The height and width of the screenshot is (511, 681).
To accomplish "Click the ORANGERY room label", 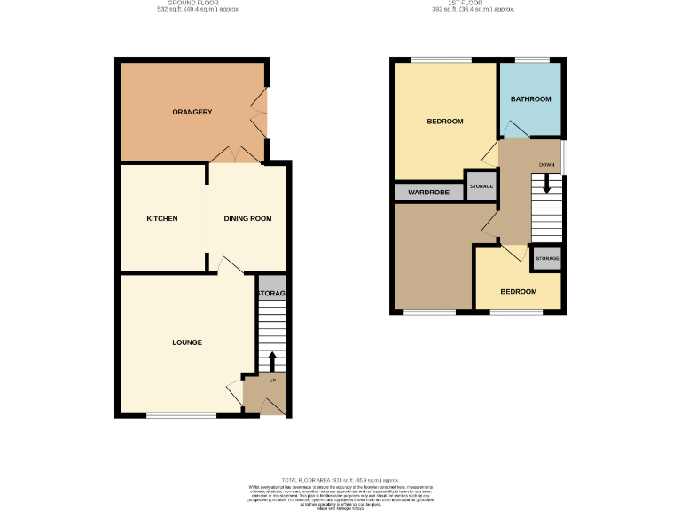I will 192,112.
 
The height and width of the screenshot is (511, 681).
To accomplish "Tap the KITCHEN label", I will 162,218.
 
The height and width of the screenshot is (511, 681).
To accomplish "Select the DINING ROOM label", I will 247,218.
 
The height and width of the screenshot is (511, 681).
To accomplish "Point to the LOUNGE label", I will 187,342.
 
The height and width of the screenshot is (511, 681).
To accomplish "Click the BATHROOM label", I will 530,98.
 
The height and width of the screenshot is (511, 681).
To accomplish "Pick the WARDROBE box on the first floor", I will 429,192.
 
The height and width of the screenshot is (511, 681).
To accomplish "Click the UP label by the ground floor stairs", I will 272,380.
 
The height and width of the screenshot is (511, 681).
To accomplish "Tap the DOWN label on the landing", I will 546,165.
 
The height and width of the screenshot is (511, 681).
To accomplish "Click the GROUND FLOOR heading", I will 192,4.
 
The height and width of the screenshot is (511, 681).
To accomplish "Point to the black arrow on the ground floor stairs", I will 272,359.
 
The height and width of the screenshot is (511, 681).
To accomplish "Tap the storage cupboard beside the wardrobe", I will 481,186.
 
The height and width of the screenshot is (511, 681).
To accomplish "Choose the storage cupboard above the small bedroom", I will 546,259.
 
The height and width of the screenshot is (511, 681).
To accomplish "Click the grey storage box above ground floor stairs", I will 271,293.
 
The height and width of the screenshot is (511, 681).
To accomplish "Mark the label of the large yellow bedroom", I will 445,122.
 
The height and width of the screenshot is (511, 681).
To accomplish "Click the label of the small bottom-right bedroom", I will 518,291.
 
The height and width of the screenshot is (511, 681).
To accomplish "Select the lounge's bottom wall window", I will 181,414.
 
